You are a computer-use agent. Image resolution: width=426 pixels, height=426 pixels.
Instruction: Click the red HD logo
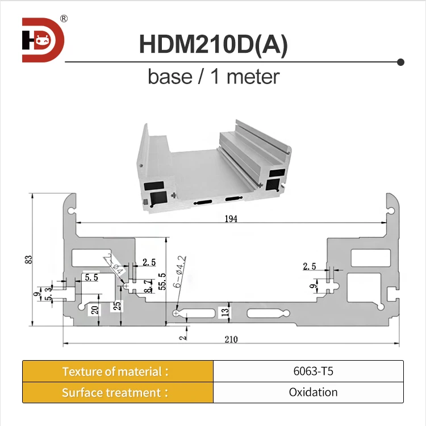point(43,40)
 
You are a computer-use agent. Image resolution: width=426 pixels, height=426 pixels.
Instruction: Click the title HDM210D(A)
point(213,45)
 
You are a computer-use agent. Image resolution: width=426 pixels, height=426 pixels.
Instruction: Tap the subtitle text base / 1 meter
point(214,76)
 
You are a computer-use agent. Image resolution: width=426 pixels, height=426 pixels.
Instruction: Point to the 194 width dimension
point(230,218)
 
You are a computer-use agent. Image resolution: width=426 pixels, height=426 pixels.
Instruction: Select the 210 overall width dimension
point(231,340)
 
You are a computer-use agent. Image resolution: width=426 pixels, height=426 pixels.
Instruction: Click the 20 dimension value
point(95,310)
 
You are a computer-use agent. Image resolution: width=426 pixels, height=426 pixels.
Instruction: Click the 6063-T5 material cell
point(308,372)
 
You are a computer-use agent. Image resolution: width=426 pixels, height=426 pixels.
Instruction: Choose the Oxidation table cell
point(308,392)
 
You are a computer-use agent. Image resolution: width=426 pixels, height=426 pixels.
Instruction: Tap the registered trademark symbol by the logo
point(64,18)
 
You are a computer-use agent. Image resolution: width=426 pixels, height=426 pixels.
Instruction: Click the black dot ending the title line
point(400,61)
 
